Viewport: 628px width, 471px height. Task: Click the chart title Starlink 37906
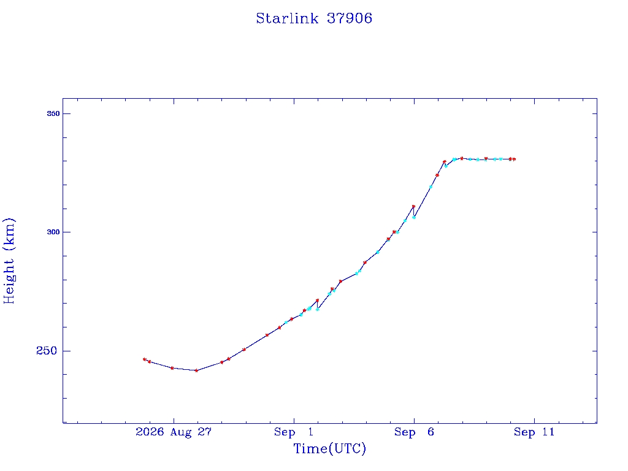[314, 18]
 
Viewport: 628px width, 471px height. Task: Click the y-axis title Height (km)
[9, 261]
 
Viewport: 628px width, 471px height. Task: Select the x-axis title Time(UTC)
[329, 448]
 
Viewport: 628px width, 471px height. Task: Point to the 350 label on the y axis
[53, 113]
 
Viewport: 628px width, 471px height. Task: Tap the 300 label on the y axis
[53, 232]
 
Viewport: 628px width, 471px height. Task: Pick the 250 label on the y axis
[47, 351]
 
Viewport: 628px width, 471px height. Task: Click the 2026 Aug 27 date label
[174, 432]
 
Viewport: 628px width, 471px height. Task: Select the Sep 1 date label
[294, 432]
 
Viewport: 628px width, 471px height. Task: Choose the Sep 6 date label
[414, 432]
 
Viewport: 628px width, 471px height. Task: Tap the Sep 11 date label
[534, 432]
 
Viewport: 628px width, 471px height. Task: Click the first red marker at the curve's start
[145, 359]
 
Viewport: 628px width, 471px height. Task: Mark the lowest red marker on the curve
[196, 370]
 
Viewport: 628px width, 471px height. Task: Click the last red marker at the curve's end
[515, 159]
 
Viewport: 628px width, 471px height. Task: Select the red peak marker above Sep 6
[413, 207]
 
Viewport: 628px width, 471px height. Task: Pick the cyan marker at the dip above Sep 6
[414, 218]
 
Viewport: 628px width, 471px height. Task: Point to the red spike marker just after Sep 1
[317, 301]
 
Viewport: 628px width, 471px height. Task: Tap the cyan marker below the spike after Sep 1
[318, 310]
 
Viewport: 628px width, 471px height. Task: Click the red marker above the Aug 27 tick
[172, 368]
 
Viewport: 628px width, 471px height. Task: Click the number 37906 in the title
[350, 18]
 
